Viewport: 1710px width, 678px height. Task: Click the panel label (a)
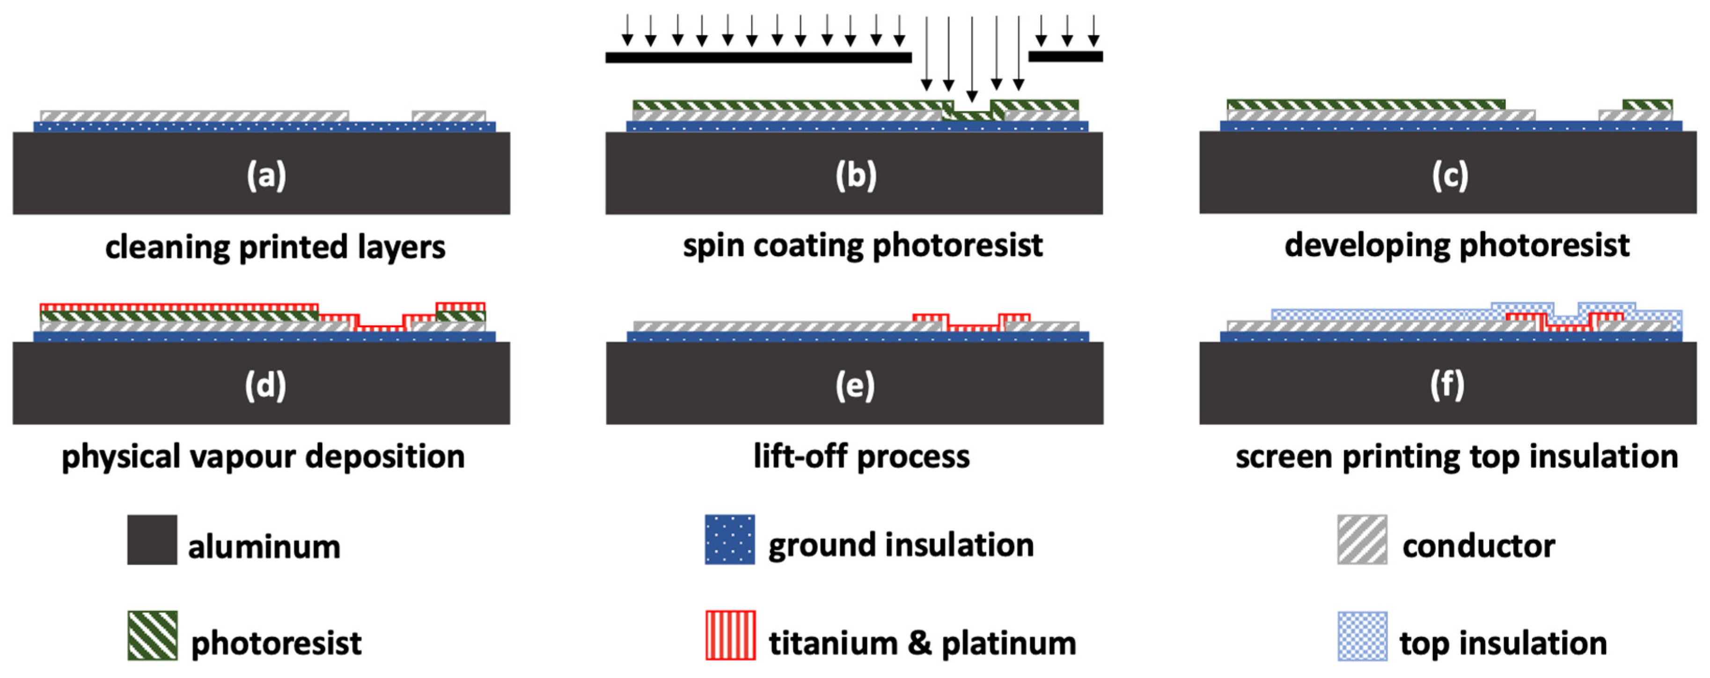click(266, 176)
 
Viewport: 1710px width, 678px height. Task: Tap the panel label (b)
click(856, 176)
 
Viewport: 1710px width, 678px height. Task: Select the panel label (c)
click(1450, 176)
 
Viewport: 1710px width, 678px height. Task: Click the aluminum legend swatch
click(152, 539)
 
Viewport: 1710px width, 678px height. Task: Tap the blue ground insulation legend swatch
click(729, 539)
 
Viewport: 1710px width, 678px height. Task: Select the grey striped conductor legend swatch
click(1362, 539)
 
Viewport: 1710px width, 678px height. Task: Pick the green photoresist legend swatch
click(152, 635)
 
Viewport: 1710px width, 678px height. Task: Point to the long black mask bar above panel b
click(758, 58)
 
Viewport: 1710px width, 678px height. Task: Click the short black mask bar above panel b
click(1065, 57)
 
